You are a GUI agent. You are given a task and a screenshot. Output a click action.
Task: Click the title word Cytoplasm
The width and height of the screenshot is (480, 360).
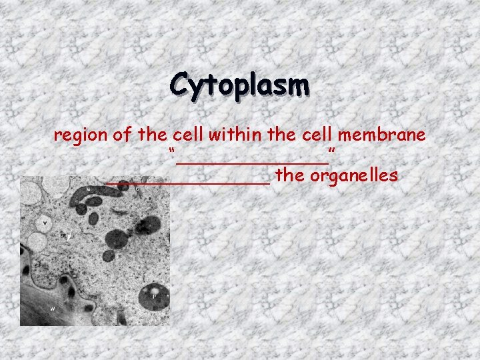(239, 85)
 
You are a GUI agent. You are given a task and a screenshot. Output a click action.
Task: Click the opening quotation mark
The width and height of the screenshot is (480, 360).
(172, 153)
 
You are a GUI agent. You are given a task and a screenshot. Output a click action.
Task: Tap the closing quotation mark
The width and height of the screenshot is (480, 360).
(331, 153)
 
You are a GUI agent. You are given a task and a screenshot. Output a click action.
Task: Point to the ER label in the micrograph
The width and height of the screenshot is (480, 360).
(63, 236)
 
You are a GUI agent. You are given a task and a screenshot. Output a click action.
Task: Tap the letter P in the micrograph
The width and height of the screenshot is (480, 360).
(154, 294)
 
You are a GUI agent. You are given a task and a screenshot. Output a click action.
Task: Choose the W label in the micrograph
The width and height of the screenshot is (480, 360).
(52, 308)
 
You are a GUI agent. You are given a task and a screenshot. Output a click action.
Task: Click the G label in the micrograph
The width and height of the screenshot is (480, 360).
(137, 189)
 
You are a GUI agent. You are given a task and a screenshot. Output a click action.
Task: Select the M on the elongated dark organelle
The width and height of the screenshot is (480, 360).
(88, 189)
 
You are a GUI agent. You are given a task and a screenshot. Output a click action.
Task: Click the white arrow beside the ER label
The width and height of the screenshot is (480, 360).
(70, 236)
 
